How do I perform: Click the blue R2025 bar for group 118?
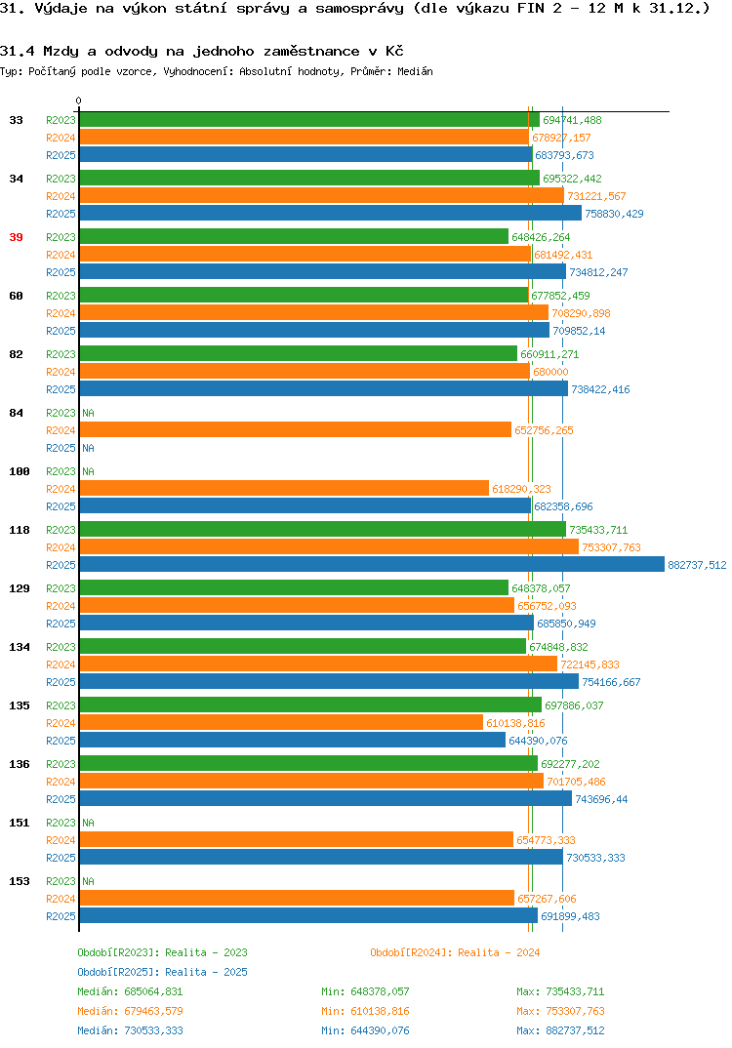click(372, 565)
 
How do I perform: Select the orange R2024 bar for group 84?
click(296, 429)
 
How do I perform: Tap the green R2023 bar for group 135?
click(310, 705)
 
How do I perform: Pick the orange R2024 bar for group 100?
click(284, 489)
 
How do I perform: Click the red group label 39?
click(16, 237)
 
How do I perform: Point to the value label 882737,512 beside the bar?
click(697, 565)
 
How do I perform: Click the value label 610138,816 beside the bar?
click(515, 723)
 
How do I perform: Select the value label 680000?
click(550, 372)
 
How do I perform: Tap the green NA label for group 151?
click(88, 823)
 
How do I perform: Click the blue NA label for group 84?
click(88, 448)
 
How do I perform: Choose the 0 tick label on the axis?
click(79, 101)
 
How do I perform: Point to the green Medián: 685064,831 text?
click(130, 991)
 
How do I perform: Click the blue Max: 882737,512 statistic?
click(560, 1030)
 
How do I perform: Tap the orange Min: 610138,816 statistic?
click(365, 1011)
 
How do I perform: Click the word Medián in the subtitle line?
click(415, 71)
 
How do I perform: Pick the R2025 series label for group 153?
click(61, 916)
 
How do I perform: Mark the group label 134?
click(20, 647)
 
